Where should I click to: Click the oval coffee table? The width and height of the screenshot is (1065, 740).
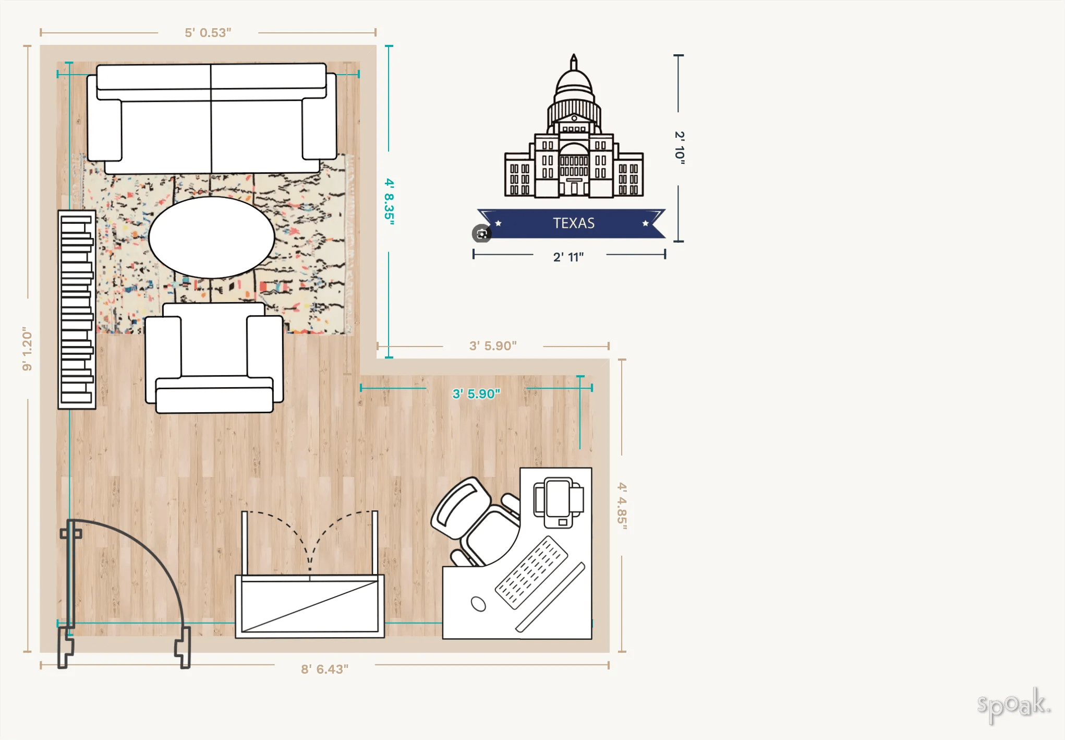click(x=211, y=237)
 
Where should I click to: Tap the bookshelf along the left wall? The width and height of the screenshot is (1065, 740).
click(x=77, y=309)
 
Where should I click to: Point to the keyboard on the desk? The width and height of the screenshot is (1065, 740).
click(x=531, y=572)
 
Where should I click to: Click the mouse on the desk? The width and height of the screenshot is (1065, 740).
click(x=478, y=604)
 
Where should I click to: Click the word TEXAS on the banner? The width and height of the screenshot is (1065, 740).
click(x=574, y=223)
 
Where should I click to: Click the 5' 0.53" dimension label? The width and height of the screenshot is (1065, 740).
click(x=208, y=33)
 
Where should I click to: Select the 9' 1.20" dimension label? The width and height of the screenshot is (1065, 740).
click(x=27, y=349)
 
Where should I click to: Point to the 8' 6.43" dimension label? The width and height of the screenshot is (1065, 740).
click(x=324, y=669)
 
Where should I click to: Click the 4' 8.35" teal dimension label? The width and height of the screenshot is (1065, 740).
click(x=389, y=201)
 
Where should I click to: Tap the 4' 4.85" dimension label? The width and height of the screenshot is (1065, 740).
click(x=622, y=506)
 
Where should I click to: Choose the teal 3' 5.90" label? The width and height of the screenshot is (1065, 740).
click(x=476, y=393)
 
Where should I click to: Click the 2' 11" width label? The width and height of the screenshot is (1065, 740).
click(x=568, y=257)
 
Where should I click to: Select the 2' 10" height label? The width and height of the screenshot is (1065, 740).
click(x=679, y=148)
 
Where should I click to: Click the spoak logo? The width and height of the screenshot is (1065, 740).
click(x=1013, y=705)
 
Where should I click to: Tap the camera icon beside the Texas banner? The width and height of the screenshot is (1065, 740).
click(x=481, y=233)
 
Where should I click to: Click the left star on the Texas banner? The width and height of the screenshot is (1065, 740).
click(x=499, y=223)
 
